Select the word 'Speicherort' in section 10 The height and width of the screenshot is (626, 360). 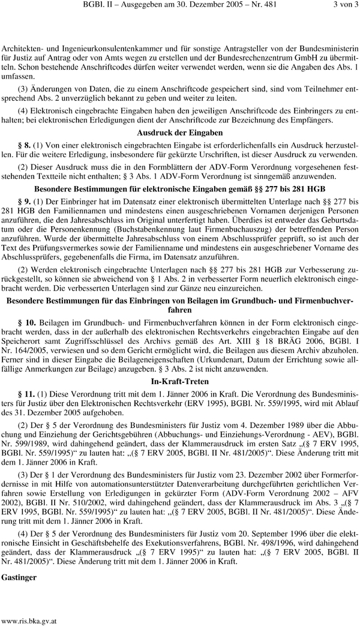click(23, 342)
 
